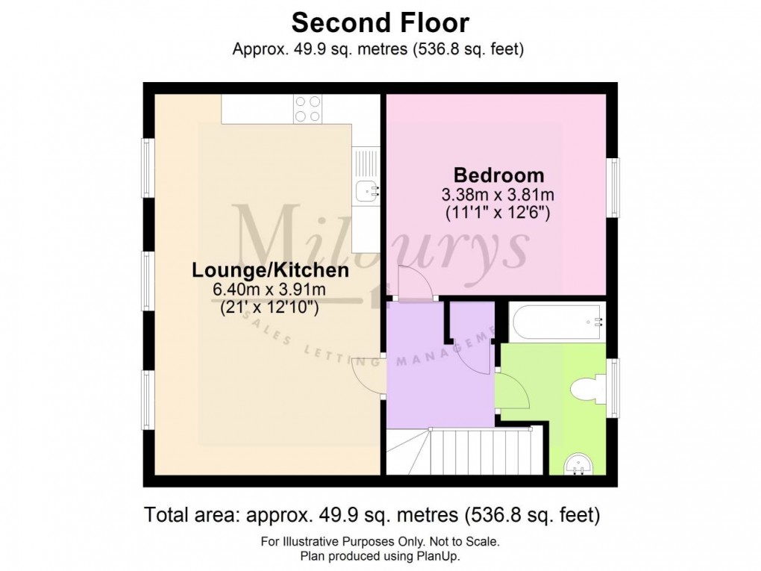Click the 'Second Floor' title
380,23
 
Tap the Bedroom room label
498,176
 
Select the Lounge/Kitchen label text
270,269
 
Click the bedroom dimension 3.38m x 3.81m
498,195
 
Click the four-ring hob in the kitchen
307,109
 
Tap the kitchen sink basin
366,191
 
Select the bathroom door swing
511,390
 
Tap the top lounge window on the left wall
148,169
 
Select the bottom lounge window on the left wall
148,399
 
